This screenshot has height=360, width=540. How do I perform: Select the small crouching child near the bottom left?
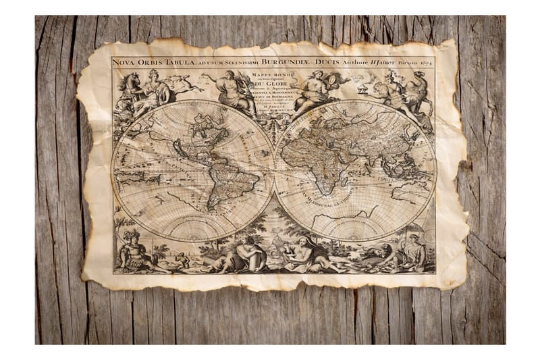180,259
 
